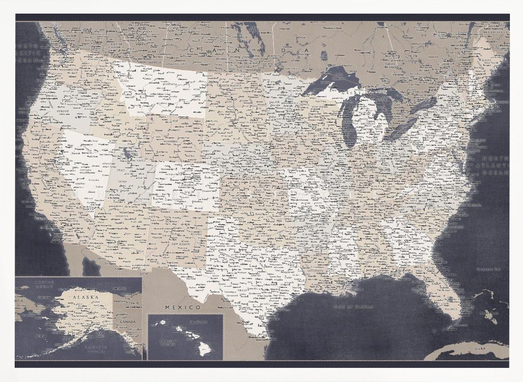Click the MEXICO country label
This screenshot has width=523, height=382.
point(183,307)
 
